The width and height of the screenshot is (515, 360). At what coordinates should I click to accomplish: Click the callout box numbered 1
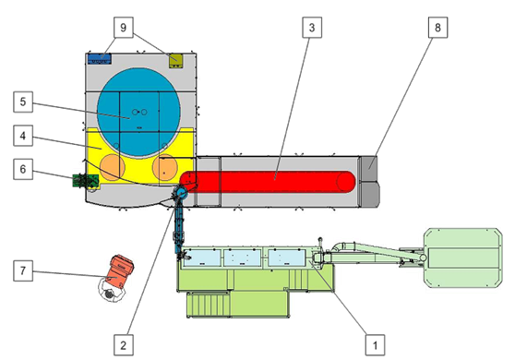click(374, 342)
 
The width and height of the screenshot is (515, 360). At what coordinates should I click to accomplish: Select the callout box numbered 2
click(120, 343)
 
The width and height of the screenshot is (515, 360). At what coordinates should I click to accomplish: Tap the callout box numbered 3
click(314, 29)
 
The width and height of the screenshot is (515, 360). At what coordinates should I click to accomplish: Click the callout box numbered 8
click(436, 29)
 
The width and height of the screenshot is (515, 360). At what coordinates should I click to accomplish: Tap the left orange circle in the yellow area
click(112, 167)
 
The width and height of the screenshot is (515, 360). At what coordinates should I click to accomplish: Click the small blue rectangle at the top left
click(98, 58)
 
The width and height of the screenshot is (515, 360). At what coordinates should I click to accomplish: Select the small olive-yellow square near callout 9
click(177, 61)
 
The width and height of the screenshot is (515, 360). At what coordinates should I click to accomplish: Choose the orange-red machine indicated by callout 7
click(119, 270)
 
